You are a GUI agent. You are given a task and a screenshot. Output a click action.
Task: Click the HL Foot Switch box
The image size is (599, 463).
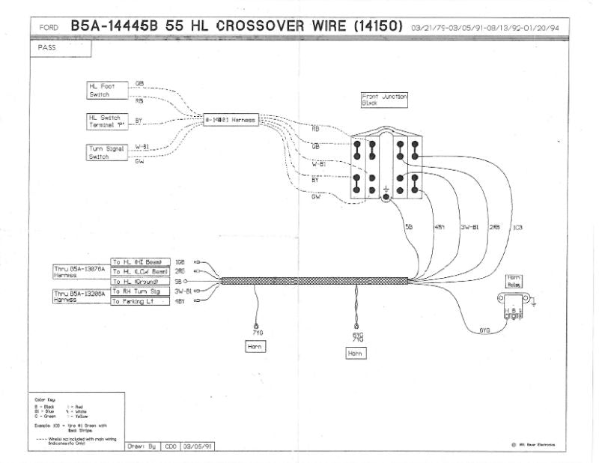point(106,91)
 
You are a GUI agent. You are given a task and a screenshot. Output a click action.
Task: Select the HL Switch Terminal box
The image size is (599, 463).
point(106,121)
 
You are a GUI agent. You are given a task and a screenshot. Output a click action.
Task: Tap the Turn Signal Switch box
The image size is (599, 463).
point(105,152)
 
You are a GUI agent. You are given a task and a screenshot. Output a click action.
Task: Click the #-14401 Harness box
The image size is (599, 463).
point(231,120)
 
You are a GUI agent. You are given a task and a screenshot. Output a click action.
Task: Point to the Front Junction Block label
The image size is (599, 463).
point(383,100)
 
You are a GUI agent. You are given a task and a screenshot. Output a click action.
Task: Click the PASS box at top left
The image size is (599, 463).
point(61,48)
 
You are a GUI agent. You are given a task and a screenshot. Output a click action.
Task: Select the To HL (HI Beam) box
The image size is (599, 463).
point(140,261)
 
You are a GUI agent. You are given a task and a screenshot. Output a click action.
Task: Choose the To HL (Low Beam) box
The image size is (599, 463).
point(140,271)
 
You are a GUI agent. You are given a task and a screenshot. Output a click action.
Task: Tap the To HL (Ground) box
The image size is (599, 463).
point(140,281)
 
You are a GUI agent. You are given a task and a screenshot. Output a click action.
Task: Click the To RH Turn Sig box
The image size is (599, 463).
point(140,291)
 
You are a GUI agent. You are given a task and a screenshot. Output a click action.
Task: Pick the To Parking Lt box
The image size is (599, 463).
point(140,301)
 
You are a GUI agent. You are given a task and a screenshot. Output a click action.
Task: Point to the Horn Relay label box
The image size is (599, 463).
point(514,280)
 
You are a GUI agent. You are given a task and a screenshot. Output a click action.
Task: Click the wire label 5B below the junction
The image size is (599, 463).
point(408,226)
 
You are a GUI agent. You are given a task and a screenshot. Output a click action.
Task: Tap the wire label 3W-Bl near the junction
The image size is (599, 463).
point(469,226)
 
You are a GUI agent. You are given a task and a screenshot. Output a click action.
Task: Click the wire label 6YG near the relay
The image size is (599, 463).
point(485,330)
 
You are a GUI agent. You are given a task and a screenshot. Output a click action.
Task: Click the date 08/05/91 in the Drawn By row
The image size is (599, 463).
point(200,446)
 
